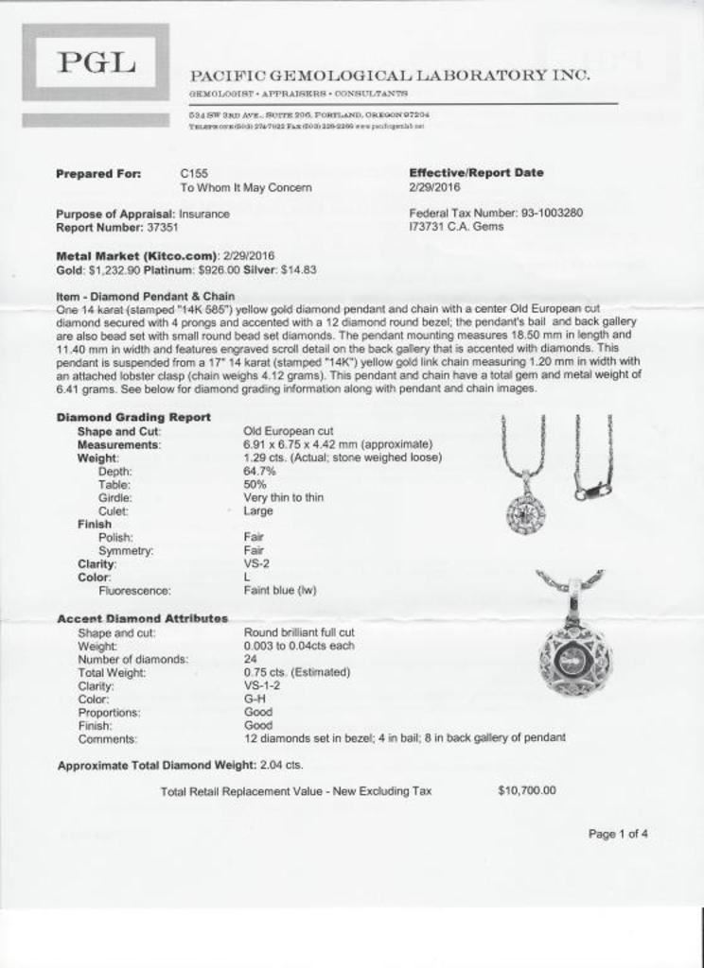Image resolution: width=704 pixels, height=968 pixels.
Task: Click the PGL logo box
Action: [96, 64]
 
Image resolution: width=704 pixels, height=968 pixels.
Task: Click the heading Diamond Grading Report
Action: [133, 417]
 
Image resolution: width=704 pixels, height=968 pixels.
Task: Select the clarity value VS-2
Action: [256, 563]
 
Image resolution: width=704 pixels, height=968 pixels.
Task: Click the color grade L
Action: [247, 577]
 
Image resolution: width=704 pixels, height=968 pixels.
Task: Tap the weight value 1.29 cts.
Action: [268, 458]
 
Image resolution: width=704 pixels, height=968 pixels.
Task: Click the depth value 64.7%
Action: [259, 471]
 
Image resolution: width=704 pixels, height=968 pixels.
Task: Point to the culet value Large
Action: [258, 510]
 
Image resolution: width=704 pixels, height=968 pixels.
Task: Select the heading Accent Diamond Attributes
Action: [142, 618]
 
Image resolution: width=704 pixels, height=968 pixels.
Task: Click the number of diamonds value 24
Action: [251, 659]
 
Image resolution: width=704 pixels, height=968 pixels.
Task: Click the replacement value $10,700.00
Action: [526, 790]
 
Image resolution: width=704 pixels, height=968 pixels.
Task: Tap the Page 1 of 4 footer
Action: [618, 834]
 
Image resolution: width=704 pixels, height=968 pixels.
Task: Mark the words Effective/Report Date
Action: [476, 173]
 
